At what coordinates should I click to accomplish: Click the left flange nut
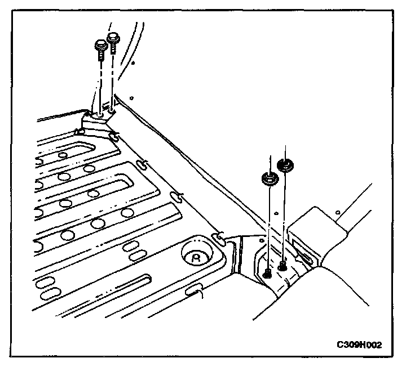(x=268, y=180)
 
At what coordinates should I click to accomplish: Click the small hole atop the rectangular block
(x=336, y=212)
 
